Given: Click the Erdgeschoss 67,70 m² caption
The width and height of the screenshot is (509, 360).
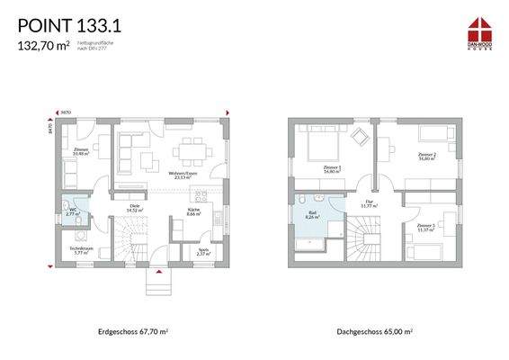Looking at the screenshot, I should [x=133, y=331].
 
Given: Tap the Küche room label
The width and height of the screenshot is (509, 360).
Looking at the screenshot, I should [x=194, y=212].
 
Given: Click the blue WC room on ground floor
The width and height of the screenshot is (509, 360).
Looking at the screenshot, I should [x=75, y=211].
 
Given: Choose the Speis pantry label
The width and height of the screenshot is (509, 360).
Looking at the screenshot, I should [x=202, y=251].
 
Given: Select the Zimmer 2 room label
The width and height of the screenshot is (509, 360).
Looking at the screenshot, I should [x=425, y=156].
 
